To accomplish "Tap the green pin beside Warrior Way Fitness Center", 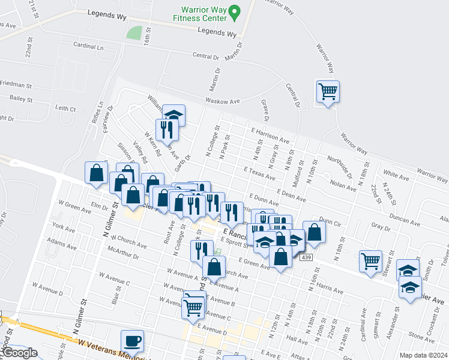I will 236,11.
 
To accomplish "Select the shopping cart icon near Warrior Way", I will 328,92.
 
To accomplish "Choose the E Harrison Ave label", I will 271,135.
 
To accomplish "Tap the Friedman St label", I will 16,84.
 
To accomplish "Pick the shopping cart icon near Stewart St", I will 370,260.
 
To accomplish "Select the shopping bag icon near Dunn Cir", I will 314,231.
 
